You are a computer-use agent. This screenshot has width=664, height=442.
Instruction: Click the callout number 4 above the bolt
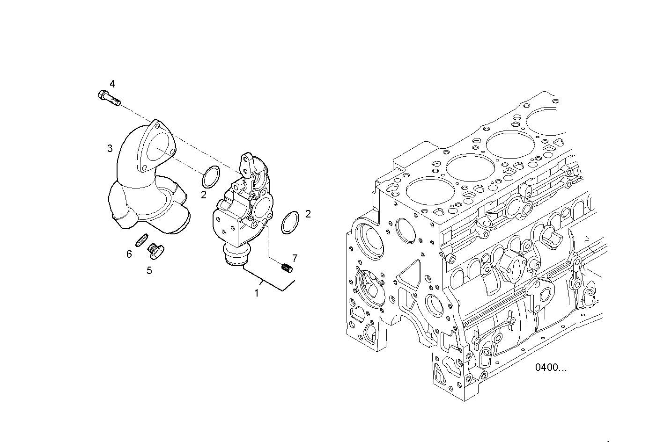(x=112, y=84)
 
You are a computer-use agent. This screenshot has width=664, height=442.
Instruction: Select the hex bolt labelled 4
(x=109, y=98)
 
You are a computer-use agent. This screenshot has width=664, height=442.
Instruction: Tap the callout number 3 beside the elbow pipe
(x=110, y=149)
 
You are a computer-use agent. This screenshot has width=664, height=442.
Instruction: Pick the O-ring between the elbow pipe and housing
(x=211, y=178)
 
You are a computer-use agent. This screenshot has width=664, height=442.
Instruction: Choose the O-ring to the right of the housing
(x=290, y=223)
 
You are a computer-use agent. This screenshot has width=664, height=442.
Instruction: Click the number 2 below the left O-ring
(x=204, y=195)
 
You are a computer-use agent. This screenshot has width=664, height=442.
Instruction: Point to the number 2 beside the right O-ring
(x=308, y=214)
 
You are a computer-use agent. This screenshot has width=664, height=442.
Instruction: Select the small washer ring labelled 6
(x=141, y=240)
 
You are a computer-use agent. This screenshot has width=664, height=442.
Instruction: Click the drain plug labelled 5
(x=154, y=251)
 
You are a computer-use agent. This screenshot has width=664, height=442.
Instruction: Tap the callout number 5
(x=149, y=270)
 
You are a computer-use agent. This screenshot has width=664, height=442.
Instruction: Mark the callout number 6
(x=129, y=254)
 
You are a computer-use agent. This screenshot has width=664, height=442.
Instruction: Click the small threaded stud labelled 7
(x=287, y=268)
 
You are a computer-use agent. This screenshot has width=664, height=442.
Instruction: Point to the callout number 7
(x=295, y=258)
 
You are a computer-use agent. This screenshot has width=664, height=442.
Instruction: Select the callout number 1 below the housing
(x=256, y=293)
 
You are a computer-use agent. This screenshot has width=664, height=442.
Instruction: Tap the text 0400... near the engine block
(x=551, y=367)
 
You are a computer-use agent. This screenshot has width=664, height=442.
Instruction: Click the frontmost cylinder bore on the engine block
(x=427, y=192)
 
